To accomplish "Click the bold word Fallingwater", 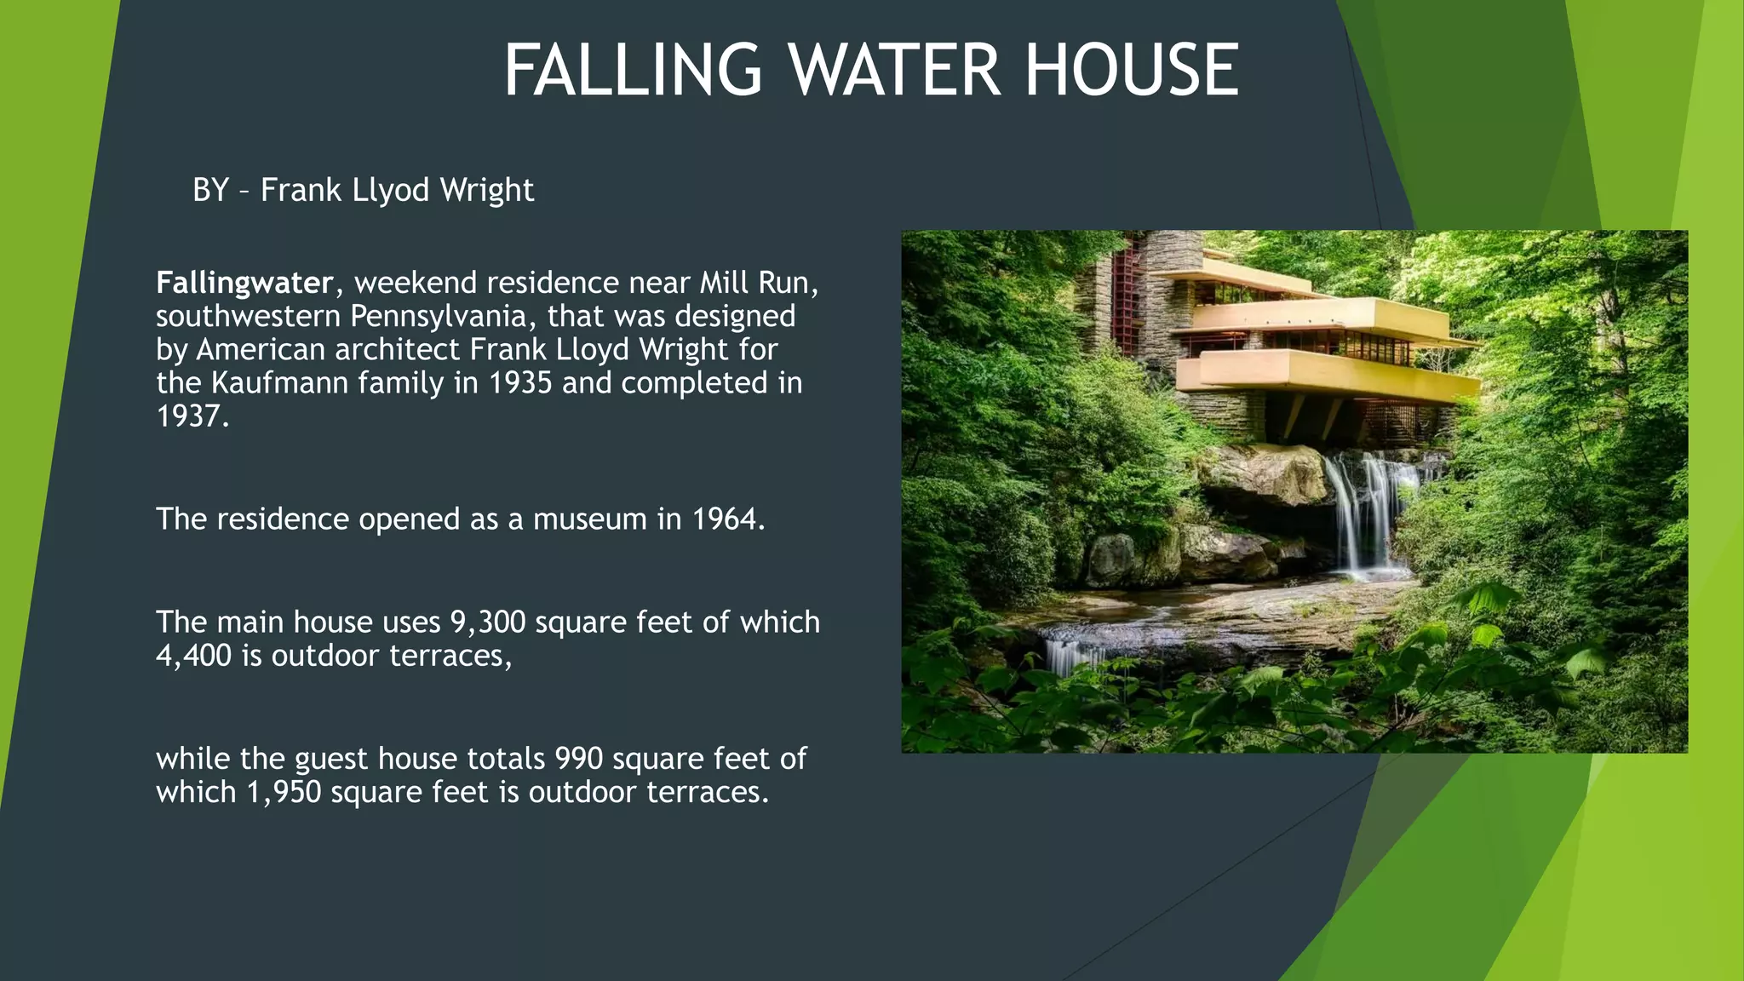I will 244,283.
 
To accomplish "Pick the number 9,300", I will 488,622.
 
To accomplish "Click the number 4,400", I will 193,656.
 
